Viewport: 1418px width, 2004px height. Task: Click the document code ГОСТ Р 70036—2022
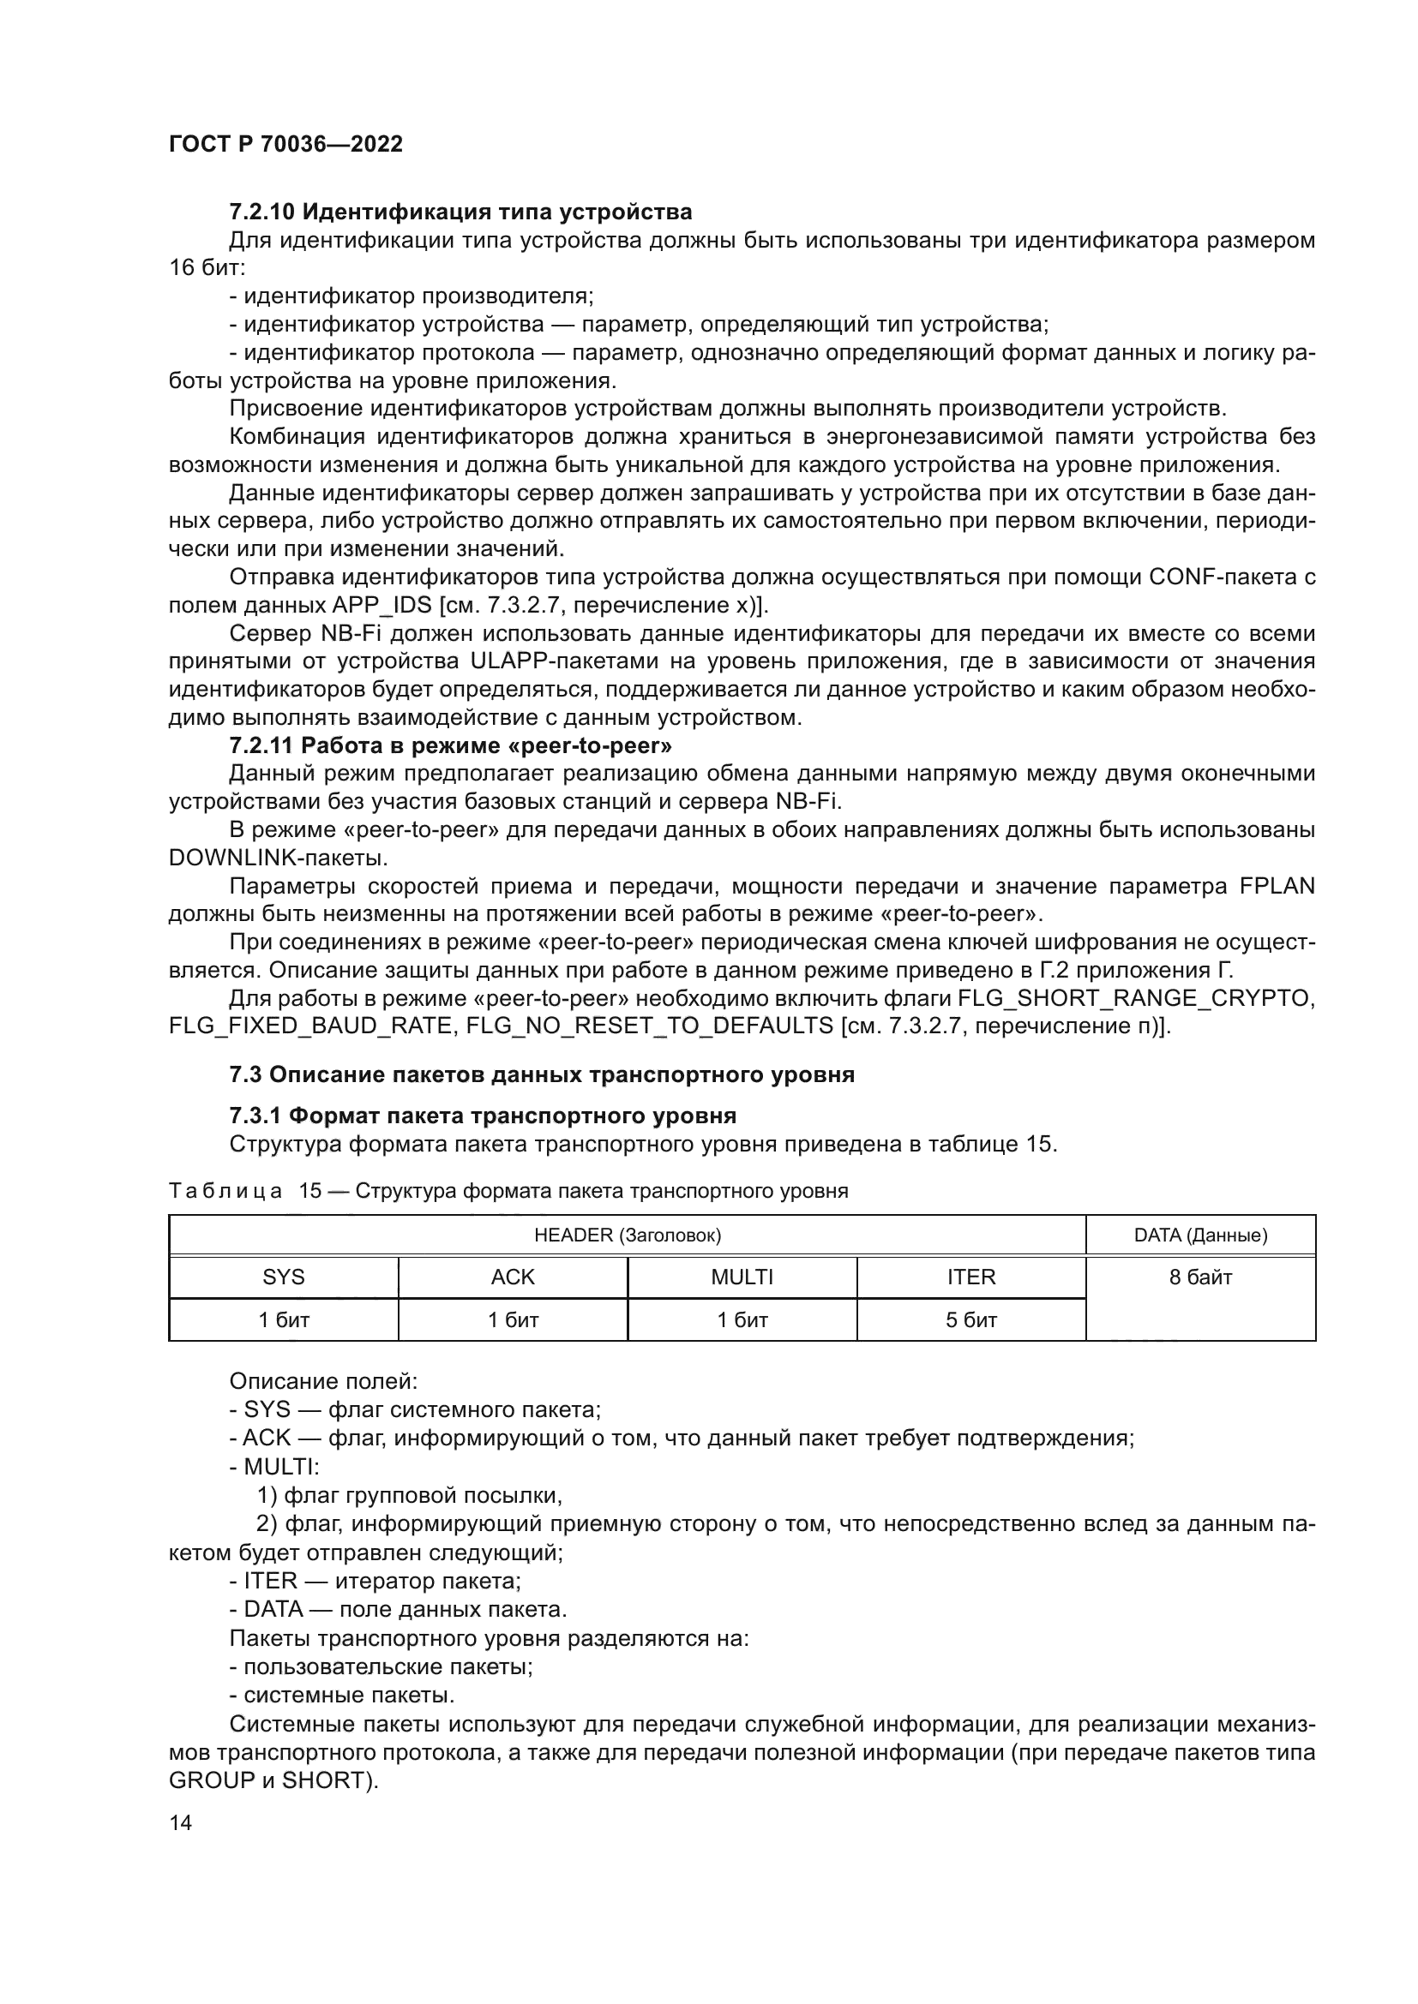tap(285, 145)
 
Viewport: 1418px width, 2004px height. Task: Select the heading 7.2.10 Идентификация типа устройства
tap(460, 212)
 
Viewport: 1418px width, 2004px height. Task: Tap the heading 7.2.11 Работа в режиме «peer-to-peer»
tap(451, 745)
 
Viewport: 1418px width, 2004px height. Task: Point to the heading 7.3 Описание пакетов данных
tap(541, 1074)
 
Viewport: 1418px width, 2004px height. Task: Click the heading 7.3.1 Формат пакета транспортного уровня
tap(483, 1116)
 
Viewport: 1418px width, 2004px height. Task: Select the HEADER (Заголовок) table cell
tap(627, 1235)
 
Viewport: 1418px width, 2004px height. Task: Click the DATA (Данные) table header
tap(1199, 1235)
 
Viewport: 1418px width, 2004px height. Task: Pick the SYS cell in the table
tap(284, 1277)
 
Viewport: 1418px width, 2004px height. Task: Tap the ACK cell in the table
tap(513, 1277)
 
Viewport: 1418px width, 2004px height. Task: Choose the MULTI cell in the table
tap(742, 1277)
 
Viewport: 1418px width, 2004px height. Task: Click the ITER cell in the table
tap(971, 1277)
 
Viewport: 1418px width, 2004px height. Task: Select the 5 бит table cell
tap(971, 1319)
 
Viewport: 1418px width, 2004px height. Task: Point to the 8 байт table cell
tap(1199, 1277)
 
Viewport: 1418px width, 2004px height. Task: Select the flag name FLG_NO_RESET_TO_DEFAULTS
tap(650, 1026)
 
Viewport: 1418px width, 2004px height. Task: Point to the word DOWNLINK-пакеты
tap(278, 858)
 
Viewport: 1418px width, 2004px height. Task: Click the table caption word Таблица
tap(225, 1192)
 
